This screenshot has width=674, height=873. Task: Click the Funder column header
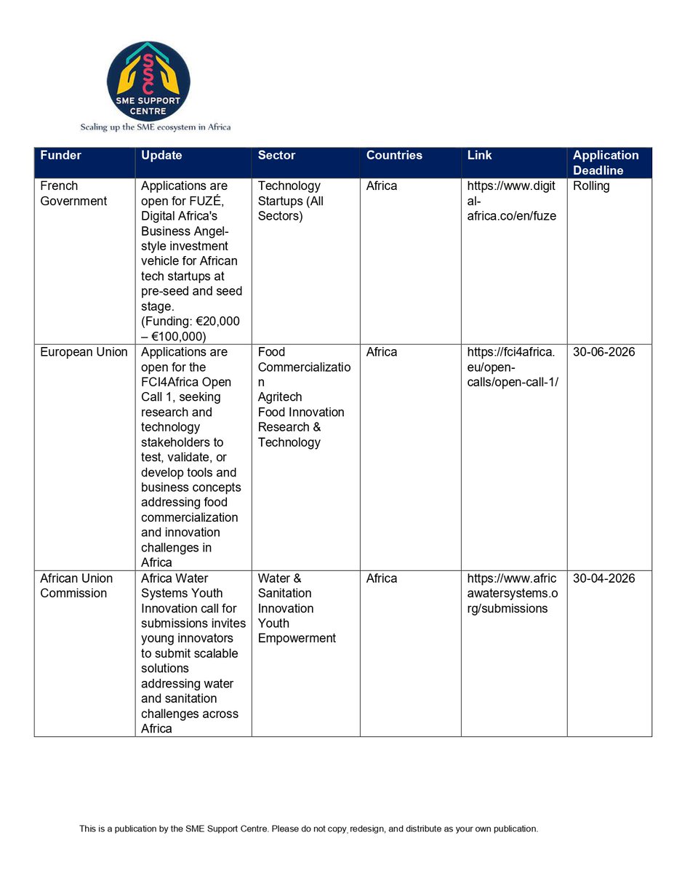(x=60, y=156)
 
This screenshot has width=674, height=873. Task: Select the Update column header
(x=161, y=156)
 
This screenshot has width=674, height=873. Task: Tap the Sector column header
(x=276, y=156)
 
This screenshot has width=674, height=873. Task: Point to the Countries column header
(x=394, y=156)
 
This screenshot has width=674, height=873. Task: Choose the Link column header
(x=480, y=156)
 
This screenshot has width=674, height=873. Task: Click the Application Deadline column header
(x=606, y=163)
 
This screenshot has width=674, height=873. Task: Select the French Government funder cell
(x=73, y=194)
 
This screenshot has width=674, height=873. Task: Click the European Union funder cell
(x=84, y=352)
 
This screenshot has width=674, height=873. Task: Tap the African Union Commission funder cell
(x=76, y=586)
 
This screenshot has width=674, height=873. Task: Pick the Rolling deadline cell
(x=591, y=186)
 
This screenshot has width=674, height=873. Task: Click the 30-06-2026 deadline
(x=603, y=352)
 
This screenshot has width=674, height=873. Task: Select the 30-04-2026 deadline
(x=603, y=578)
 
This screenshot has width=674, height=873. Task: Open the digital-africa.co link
(x=512, y=202)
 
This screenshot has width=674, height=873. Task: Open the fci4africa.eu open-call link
(x=512, y=367)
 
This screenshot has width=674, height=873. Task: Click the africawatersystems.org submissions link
(x=512, y=594)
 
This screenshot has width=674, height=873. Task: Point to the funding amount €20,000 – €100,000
(x=190, y=329)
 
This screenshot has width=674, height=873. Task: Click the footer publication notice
(x=308, y=829)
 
